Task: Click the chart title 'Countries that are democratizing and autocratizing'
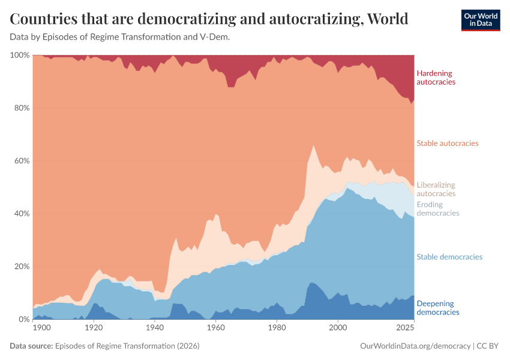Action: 209,19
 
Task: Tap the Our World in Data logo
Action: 480,20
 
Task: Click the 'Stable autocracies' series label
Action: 447,143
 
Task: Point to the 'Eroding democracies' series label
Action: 437,209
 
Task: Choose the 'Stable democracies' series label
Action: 449,257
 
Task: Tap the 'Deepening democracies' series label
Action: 437,307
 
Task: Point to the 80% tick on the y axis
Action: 21,108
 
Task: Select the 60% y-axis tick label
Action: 21,161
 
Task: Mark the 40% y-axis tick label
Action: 21,214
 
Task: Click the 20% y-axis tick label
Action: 21,266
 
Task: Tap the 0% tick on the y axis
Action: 23,319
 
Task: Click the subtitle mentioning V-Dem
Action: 120,37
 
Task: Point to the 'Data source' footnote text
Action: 104,346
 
